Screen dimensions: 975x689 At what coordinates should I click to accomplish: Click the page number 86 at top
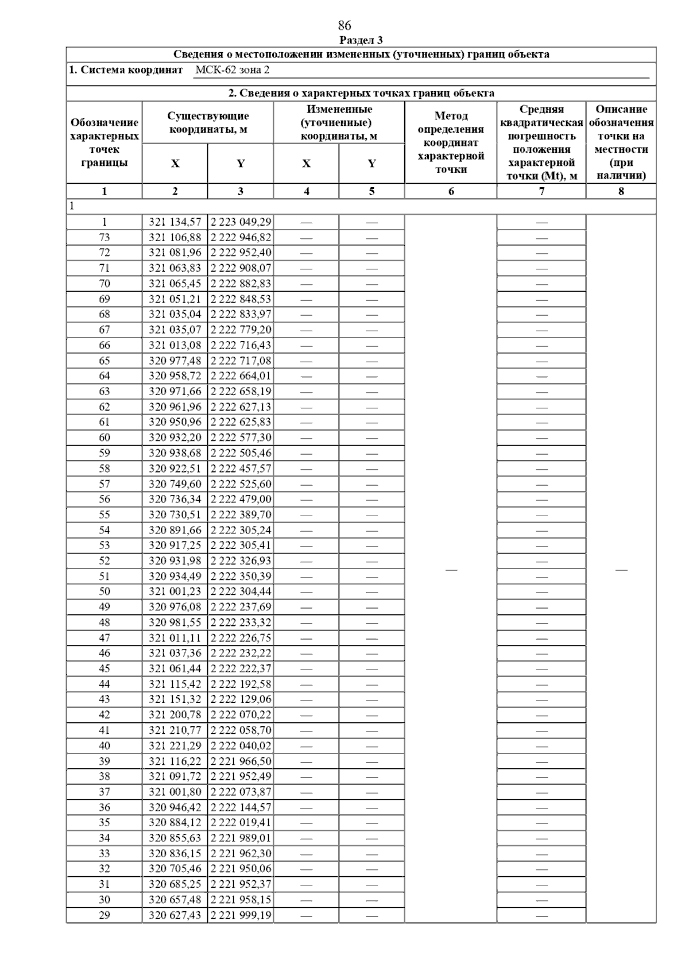(344, 26)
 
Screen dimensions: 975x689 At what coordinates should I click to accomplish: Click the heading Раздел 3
(361, 40)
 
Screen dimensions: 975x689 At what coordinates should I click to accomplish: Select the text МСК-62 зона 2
(232, 70)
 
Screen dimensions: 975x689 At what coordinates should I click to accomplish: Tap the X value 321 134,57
(175, 222)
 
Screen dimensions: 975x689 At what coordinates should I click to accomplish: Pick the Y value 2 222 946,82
(241, 238)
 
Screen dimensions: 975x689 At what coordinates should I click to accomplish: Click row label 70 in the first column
(104, 284)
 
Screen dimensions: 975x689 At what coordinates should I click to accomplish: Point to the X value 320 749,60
(175, 484)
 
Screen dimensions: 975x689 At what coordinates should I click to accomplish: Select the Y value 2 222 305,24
(241, 530)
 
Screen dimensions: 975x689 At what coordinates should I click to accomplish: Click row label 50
(104, 591)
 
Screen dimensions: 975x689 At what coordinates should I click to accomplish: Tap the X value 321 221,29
(175, 746)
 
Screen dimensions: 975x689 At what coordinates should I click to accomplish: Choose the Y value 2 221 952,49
(241, 776)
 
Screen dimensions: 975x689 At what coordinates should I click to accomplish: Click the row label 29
(104, 915)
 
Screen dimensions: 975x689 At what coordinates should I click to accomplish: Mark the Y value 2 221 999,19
(241, 915)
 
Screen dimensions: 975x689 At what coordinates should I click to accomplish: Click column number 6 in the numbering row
(451, 191)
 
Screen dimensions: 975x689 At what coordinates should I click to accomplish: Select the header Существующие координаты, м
(208, 122)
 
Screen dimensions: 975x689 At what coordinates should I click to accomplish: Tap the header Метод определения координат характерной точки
(451, 142)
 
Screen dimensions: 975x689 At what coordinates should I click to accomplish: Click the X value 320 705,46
(175, 869)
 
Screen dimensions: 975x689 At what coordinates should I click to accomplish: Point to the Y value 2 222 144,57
(241, 807)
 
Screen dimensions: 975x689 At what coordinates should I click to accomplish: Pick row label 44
(104, 684)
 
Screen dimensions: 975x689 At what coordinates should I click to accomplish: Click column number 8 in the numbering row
(621, 191)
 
